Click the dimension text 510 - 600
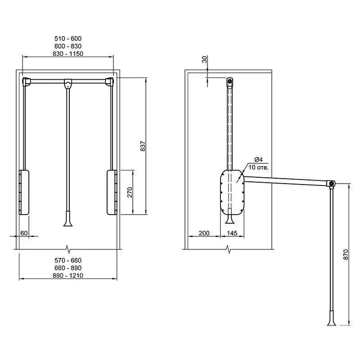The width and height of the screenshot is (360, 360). pos(68,38)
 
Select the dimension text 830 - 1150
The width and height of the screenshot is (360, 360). pos(68,54)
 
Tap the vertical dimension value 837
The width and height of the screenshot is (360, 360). pos(143,146)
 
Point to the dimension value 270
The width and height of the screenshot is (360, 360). pos(130,192)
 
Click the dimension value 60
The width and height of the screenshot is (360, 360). pos(24,233)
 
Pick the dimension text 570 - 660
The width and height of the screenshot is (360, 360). pos(68,261)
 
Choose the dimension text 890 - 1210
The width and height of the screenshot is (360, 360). pos(68,275)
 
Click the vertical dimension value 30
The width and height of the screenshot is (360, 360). pos(204,59)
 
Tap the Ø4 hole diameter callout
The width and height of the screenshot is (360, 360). pos(259,159)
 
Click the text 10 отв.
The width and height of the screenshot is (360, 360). pos(258,167)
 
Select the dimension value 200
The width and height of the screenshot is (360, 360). pos(204,233)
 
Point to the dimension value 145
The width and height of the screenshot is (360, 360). pos(232,233)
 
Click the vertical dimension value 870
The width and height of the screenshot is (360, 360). pos(346,254)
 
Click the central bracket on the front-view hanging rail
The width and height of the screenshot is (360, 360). pos(68,84)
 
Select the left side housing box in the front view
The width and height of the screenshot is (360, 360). pos(24,192)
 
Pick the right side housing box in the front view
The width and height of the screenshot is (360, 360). pos(112,192)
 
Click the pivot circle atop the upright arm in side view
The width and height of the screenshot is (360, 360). pos(230,81)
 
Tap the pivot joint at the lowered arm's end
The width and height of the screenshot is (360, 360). pos(331,184)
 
